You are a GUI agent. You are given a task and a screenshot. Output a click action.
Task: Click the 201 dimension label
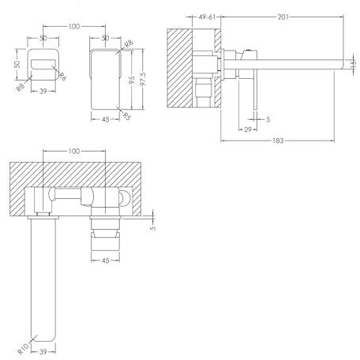click(283, 17)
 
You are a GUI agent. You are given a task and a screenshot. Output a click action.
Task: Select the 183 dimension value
click(278, 141)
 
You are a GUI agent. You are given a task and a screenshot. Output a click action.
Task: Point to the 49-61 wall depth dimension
click(207, 17)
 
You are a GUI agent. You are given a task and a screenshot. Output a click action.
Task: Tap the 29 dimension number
click(248, 129)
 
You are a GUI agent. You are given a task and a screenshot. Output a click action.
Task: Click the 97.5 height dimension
click(143, 79)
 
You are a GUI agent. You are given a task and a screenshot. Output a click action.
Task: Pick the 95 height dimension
click(132, 80)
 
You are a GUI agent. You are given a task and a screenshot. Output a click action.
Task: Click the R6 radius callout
click(62, 77)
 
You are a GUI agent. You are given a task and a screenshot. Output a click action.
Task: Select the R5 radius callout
click(127, 116)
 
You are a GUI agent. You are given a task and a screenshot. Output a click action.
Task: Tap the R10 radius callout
click(23, 348)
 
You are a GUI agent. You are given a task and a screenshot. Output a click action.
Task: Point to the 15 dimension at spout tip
click(354, 63)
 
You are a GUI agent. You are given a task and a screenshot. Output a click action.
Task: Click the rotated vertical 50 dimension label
click(17, 65)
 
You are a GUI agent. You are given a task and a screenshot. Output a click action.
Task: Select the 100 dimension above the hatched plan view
click(74, 151)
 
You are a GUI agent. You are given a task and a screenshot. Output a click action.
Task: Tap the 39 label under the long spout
click(43, 351)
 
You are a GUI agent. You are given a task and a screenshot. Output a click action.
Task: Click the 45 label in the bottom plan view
click(105, 261)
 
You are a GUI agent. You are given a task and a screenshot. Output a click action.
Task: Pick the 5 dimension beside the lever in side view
click(268, 119)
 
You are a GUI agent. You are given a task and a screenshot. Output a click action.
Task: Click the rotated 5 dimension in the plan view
click(153, 228)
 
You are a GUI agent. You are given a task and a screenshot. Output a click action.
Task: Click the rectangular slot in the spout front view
click(43, 65)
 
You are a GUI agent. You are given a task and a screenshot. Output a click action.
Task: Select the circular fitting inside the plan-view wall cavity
click(124, 198)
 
